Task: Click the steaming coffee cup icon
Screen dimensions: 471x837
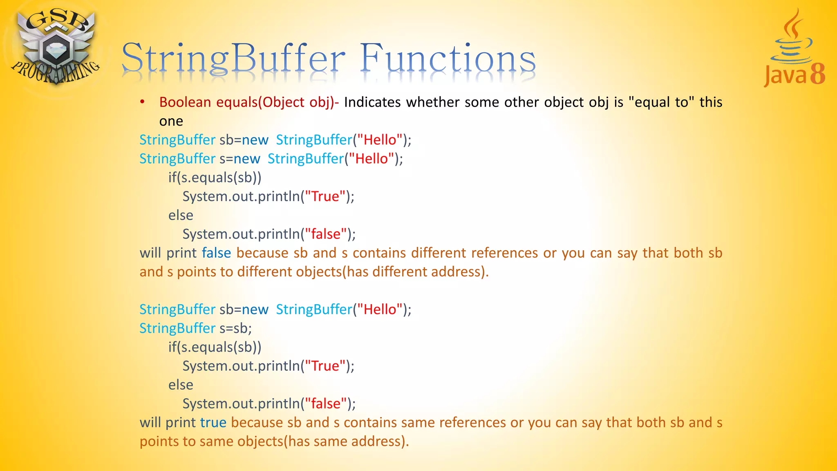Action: [x=792, y=39]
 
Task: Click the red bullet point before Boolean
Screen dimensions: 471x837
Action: [x=142, y=102]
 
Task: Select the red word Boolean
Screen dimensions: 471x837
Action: [x=185, y=102]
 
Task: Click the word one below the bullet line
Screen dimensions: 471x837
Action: [x=171, y=121]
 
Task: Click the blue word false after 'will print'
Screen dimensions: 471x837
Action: [x=216, y=253]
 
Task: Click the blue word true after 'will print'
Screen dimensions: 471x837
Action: [x=213, y=423]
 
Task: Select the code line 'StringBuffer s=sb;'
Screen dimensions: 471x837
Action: [x=195, y=328]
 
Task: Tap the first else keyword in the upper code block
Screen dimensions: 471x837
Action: [x=181, y=215]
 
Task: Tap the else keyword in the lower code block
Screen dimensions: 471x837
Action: [x=181, y=385]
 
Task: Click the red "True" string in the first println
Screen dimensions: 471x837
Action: [x=325, y=197]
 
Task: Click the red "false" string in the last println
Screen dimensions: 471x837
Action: [x=326, y=404]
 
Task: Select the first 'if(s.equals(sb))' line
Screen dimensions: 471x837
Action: [x=215, y=178]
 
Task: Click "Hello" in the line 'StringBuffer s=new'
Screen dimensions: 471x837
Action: [x=371, y=159]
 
